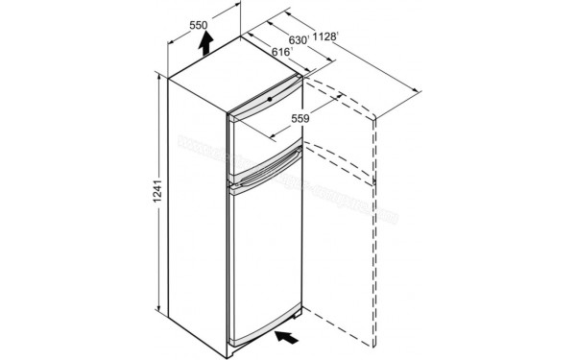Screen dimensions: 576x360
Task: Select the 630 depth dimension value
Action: click(298, 40)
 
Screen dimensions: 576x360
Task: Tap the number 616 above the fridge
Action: click(280, 53)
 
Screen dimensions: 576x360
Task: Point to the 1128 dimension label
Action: click(331, 38)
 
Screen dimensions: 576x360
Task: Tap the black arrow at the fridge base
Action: click(287, 337)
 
